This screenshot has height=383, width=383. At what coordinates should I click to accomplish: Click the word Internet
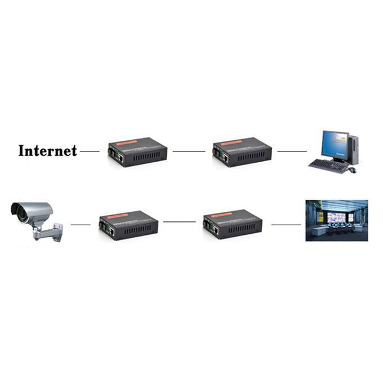47,150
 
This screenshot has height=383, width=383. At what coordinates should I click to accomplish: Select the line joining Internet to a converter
90,152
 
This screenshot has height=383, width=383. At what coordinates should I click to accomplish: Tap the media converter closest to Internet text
137,152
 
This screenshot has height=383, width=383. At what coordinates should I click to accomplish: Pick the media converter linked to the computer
242,152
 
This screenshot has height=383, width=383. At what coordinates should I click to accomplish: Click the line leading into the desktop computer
292,152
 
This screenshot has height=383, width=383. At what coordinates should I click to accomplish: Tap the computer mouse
352,170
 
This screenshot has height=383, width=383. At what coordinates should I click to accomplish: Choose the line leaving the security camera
81,225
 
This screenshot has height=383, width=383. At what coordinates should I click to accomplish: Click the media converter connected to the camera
128,225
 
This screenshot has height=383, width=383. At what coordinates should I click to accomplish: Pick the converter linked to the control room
233,224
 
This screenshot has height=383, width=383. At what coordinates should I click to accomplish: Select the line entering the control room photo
286,225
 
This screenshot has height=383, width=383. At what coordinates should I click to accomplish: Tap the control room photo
336,220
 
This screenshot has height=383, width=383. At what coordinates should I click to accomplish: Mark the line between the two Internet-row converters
189,152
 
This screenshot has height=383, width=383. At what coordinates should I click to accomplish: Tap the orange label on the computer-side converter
231,143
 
